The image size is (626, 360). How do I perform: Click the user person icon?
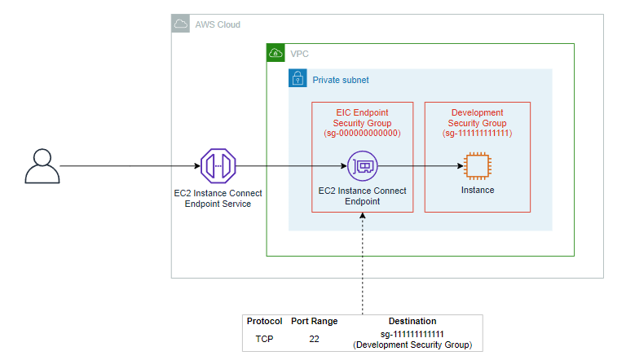[x=42, y=166]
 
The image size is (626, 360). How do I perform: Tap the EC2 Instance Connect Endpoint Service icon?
[x=218, y=166]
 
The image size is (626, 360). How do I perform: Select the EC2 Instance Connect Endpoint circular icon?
[x=363, y=166]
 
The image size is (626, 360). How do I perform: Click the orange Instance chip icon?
[x=478, y=166]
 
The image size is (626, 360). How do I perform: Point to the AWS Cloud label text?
[x=218, y=24]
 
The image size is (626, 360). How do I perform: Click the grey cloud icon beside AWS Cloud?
[x=180, y=24]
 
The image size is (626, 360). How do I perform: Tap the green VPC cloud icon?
[x=276, y=53]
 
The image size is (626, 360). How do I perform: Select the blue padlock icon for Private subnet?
[x=298, y=78]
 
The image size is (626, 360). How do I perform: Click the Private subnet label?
[x=341, y=80]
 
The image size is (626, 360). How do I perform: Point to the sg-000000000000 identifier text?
[x=362, y=134]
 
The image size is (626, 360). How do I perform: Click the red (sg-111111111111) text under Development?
[x=477, y=134]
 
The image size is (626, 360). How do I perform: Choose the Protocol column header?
[x=264, y=321]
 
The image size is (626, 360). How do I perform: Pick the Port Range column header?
[x=314, y=321]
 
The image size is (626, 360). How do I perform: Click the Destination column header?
[x=412, y=321]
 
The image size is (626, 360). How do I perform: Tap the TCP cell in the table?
[x=264, y=339]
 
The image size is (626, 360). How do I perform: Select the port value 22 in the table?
[x=314, y=339]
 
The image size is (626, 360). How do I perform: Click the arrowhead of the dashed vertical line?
[x=363, y=216]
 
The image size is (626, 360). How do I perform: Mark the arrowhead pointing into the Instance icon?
[x=461, y=166]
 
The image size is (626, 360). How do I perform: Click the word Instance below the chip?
[x=478, y=190]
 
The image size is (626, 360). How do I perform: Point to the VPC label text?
[x=299, y=54]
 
